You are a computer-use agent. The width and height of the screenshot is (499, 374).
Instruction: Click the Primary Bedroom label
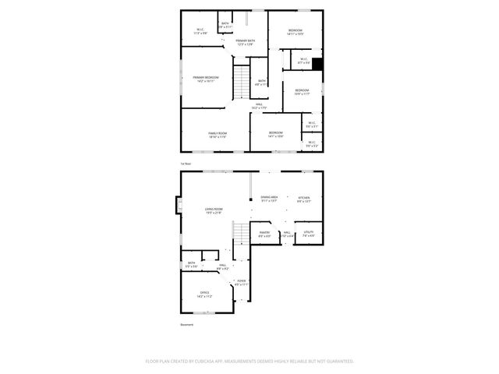206,77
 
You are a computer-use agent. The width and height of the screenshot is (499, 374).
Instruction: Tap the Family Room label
218,133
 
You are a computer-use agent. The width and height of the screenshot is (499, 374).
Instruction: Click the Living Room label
214,209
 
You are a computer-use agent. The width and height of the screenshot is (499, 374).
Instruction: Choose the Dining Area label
269,198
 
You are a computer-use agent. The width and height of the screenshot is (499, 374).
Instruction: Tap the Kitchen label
304,198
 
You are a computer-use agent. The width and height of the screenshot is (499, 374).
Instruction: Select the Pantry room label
264,232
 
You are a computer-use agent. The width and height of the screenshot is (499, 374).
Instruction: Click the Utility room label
308,232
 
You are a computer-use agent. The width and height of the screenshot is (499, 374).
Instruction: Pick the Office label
204,293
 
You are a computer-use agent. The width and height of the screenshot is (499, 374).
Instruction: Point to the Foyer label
242,281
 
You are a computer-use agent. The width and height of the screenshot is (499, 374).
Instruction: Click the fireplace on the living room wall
179,206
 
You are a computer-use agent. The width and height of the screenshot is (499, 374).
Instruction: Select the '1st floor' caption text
186,164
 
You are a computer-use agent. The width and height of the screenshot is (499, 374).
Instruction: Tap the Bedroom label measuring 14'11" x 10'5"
295,30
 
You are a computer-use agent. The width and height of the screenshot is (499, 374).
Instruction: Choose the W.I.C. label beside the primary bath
200,30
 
